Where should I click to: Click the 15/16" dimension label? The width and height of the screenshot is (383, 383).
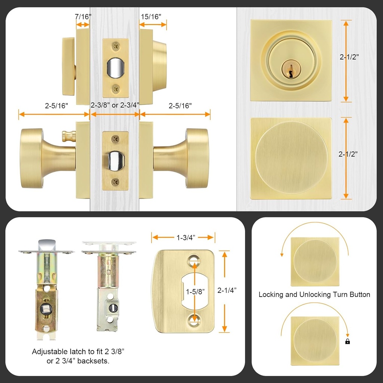(151, 16)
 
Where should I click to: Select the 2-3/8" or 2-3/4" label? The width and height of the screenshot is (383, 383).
(115, 105)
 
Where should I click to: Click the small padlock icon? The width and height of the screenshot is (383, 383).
(347, 341)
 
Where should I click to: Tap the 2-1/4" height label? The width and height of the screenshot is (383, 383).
(227, 290)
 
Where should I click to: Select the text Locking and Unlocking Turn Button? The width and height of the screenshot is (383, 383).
(314, 295)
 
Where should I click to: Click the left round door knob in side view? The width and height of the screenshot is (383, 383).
(32, 158)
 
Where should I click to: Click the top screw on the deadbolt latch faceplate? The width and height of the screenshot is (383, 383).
(116, 46)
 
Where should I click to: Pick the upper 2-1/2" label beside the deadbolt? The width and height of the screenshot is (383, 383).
(349, 57)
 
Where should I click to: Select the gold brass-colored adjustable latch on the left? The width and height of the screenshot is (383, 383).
(46, 292)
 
